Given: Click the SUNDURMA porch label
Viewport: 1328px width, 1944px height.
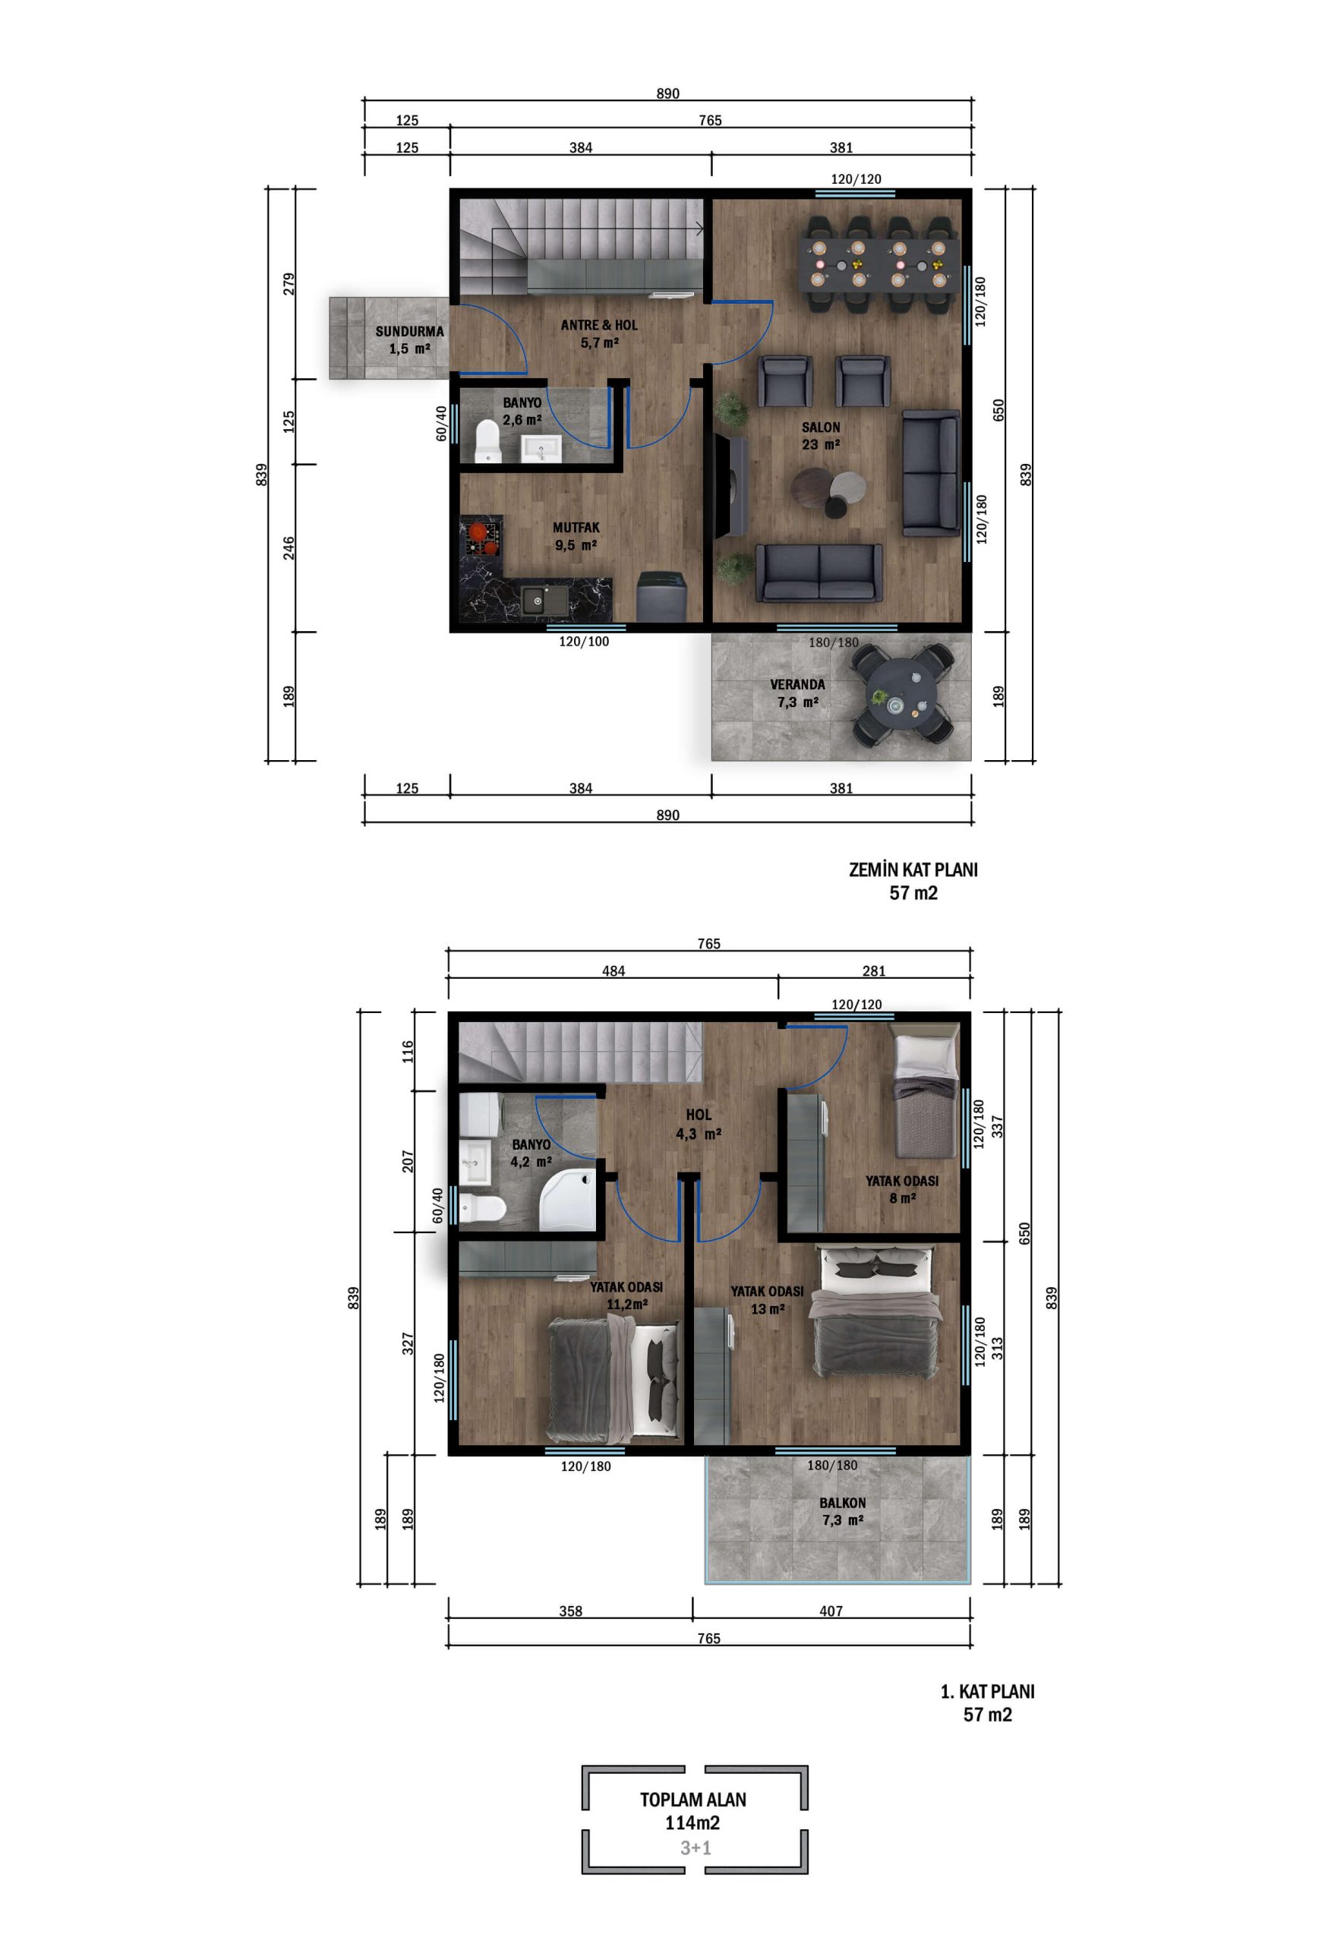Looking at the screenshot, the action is pyautogui.click(x=409, y=331).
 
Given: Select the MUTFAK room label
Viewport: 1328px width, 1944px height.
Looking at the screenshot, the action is pyautogui.click(x=576, y=528).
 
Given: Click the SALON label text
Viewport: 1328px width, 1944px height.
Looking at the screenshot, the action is pyautogui.click(x=820, y=428).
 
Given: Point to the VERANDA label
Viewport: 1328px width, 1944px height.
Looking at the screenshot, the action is pyautogui.click(x=797, y=684).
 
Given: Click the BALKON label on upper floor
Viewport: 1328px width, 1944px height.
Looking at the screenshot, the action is pyautogui.click(x=842, y=1502).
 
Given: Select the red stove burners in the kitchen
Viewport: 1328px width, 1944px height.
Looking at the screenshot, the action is pyautogui.click(x=481, y=537).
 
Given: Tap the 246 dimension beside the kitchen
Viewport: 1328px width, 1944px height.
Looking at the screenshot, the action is pyautogui.click(x=289, y=548).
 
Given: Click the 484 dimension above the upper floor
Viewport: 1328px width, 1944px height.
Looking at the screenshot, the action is pyautogui.click(x=613, y=971).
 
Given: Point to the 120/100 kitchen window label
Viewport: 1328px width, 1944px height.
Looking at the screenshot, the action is pyautogui.click(x=584, y=642).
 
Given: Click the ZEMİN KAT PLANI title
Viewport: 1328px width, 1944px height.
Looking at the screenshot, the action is pyautogui.click(x=913, y=870).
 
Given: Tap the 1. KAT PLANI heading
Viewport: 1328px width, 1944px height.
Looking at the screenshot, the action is pyautogui.click(x=987, y=1691).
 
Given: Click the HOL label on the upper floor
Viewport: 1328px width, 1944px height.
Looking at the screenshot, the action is pyautogui.click(x=699, y=1115).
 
